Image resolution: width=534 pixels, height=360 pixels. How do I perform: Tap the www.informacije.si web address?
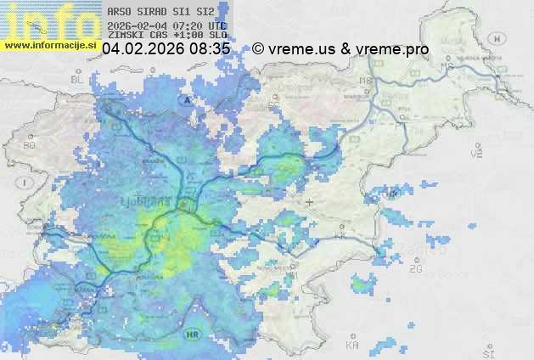(x=50, y=44)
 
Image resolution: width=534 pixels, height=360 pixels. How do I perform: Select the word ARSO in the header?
(x=119, y=12)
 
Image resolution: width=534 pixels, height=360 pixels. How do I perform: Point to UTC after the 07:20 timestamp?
(x=217, y=26)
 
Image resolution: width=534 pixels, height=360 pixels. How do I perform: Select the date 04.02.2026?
(x=143, y=50)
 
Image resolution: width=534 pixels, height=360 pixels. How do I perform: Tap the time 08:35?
(x=210, y=50)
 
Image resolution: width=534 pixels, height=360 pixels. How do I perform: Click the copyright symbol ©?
(x=258, y=50)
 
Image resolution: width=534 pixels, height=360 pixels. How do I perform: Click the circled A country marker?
(x=185, y=100)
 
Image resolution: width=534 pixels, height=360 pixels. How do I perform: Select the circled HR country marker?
(x=191, y=335)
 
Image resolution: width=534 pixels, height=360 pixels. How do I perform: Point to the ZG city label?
(x=415, y=269)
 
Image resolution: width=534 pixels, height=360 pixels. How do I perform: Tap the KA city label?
(x=353, y=346)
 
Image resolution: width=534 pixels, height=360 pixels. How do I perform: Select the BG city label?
(x=30, y=145)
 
